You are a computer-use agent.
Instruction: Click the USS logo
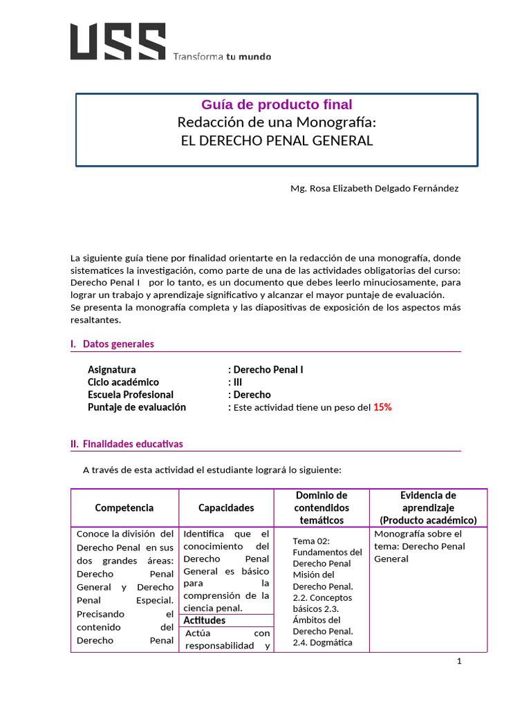click(118, 41)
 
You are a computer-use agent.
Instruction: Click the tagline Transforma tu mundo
click(221, 57)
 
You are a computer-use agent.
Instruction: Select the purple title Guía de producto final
click(277, 105)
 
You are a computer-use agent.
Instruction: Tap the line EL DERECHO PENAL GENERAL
click(277, 141)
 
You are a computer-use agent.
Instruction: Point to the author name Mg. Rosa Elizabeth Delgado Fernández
click(374, 188)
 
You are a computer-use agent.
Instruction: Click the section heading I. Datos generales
click(112, 344)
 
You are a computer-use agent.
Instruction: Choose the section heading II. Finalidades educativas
click(127, 444)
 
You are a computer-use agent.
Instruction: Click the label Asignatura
click(112, 370)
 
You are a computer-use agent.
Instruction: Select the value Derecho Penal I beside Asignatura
click(268, 370)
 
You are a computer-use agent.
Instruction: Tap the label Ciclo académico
click(123, 382)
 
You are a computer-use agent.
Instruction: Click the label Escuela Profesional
click(131, 395)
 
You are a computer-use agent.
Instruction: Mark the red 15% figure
click(382, 407)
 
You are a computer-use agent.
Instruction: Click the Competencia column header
click(124, 508)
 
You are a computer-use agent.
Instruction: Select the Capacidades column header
click(226, 508)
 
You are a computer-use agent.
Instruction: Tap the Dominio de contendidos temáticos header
click(322, 507)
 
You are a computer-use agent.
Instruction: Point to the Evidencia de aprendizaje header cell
click(428, 507)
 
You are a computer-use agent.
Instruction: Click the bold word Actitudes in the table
click(205, 620)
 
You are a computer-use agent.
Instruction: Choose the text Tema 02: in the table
click(312, 541)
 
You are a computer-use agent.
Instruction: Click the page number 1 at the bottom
click(459, 662)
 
